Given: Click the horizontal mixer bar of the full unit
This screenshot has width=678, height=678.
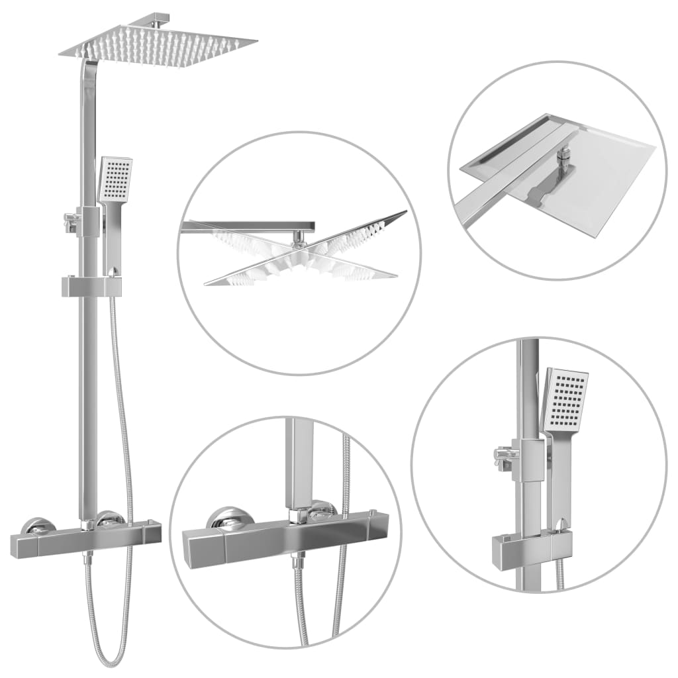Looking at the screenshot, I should point(86,542).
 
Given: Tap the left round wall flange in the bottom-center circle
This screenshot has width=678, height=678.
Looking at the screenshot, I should point(229,518).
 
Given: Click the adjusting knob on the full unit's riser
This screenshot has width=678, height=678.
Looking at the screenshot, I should point(69,222).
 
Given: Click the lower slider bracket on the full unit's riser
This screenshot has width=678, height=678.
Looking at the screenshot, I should point(91,286).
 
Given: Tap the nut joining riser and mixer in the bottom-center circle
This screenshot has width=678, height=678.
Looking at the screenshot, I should point(299,514).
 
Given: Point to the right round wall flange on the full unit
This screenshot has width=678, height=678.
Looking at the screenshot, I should point(109,518).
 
